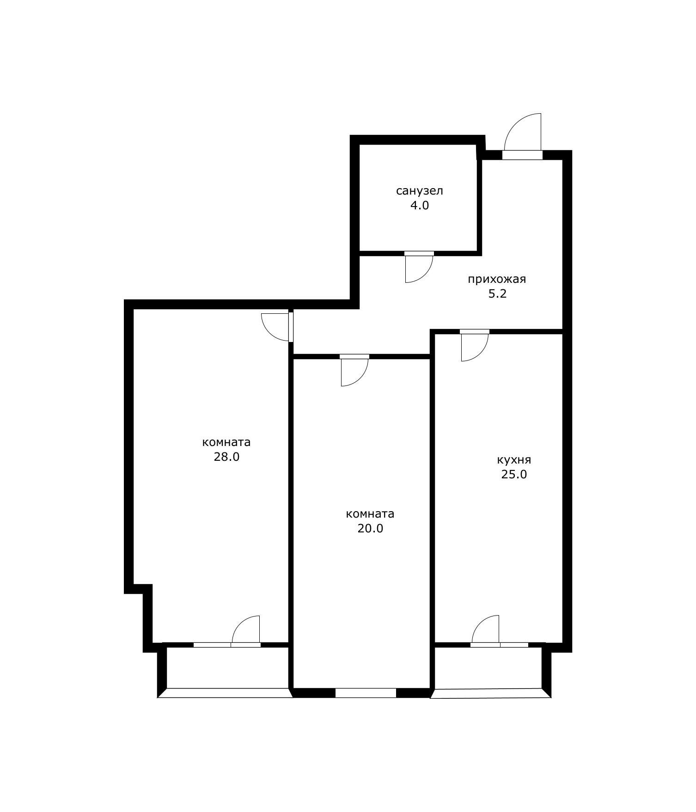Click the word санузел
click(x=419, y=191)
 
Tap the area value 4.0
click(x=419, y=206)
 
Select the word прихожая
click(x=497, y=279)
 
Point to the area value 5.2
click(x=497, y=293)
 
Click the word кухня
click(x=514, y=460)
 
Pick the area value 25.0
click(x=514, y=474)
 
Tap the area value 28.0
click(x=226, y=457)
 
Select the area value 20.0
click(x=370, y=528)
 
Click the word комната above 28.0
click(x=226, y=442)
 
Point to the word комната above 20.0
click(x=370, y=514)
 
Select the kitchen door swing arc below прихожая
click(x=481, y=353)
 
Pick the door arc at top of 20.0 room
click(x=361, y=378)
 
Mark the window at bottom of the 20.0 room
click(x=366, y=693)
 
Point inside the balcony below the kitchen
click(x=488, y=668)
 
